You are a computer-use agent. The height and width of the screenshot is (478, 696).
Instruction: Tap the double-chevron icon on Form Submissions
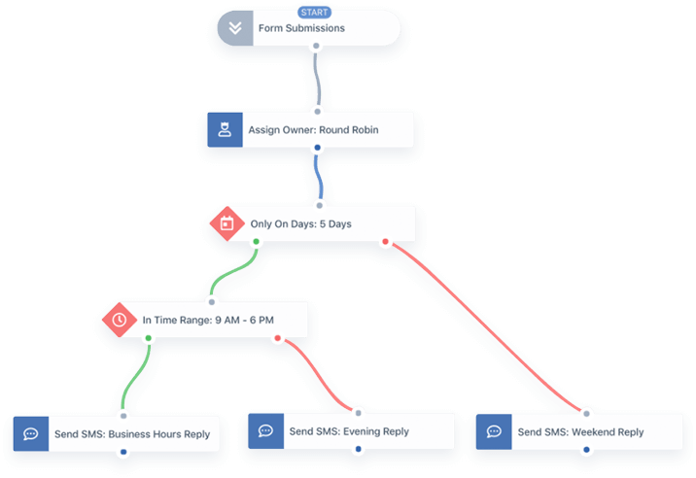pos(234,28)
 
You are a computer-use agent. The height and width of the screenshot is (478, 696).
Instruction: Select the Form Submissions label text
pos(301,28)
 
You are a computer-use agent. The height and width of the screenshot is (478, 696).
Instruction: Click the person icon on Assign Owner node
pos(226,129)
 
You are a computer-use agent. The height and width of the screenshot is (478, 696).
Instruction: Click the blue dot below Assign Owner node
pos(316,149)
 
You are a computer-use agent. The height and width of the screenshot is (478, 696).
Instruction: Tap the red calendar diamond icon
pos(226,223)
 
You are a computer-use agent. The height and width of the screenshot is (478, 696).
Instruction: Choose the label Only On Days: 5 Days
pos(300,223)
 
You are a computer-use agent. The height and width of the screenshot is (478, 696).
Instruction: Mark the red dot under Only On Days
pos(385,242)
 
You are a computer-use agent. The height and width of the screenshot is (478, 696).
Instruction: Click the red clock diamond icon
pos(120,319)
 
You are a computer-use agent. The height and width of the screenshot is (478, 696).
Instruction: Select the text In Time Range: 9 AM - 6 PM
pos(207,319)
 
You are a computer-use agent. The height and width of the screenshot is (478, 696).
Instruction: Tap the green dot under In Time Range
pos(148,338)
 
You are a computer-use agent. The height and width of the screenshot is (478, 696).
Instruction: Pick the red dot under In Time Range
pos(278,338)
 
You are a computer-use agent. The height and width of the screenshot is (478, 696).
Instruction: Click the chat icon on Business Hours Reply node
pos(30,433)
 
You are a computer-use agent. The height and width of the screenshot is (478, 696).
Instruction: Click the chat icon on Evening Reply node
pos(263,431)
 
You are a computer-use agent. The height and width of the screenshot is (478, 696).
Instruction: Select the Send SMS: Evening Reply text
pos(349,431)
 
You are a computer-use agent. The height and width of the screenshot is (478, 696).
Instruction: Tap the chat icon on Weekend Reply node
pos(494,432)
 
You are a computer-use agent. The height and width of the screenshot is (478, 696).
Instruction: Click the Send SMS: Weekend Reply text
pos(580,432)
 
